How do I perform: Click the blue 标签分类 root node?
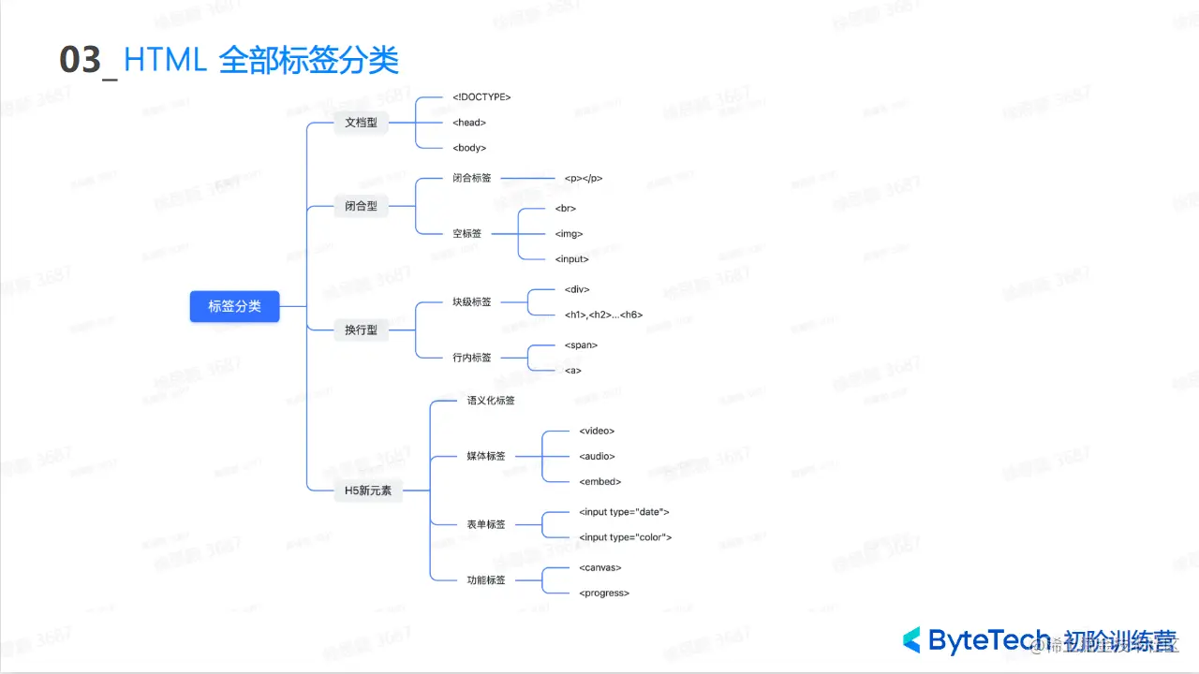point(234,306)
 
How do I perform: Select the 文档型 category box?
point(361,123)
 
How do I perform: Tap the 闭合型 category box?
point(361,206)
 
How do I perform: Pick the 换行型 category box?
point(361,330)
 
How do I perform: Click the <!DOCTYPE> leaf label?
point(481,97)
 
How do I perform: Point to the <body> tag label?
point(469,148)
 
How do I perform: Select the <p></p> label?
point(584,178)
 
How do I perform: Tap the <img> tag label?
point(569,234)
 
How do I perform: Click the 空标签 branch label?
point(466,234)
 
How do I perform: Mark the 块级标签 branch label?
point(471,302)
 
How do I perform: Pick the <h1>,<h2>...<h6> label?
point(603,315)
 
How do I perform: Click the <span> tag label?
point(581,345)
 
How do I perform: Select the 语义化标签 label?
point(491,401)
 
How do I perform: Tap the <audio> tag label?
point(597,457)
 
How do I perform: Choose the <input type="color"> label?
point(625,538)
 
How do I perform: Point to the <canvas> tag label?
point(600,568)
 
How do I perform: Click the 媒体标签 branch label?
point(486,457)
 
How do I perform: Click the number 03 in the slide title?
point(80,61)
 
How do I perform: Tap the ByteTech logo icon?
point(911,640)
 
